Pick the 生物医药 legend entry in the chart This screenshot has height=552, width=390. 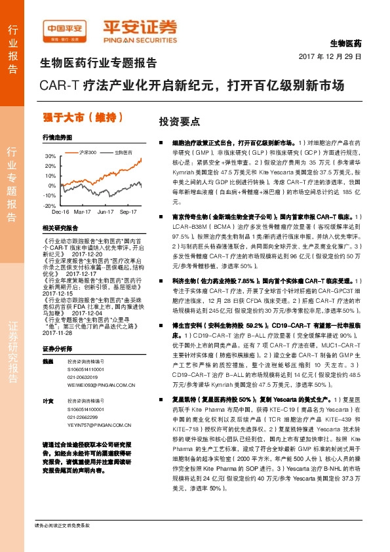[x=123, y=151]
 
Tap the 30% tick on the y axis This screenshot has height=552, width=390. [x=50, y=157]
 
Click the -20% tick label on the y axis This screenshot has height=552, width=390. [x=50, y=205]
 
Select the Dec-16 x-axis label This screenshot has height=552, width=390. [x=60, y=212]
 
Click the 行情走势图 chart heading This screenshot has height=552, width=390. [x=56, y=138]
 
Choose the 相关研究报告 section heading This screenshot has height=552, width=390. [x=59, y=227]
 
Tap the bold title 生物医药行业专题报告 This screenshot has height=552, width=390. [x=98, y=64]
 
